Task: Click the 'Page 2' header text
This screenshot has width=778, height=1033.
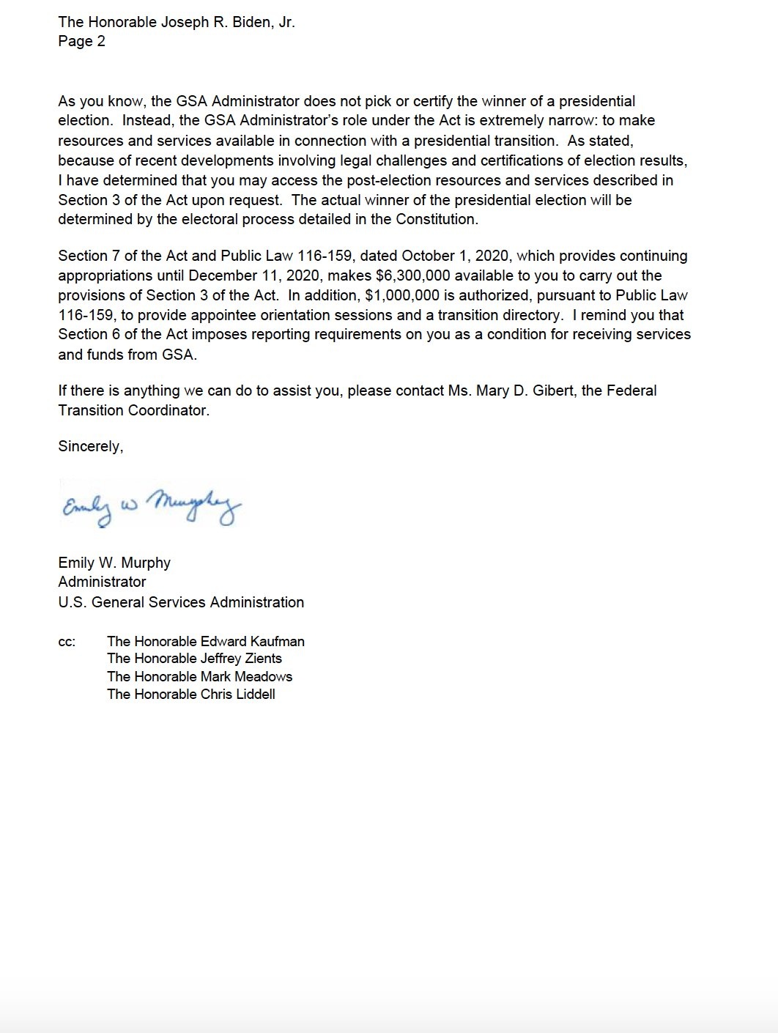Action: point(81,42)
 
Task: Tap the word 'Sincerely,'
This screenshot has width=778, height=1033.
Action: point(90,447)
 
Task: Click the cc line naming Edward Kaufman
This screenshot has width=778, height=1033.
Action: point(205,642)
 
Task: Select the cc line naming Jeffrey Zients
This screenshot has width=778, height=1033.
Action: point(194,659)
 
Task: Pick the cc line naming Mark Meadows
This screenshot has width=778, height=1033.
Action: point(199,677)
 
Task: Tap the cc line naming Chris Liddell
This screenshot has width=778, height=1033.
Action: point(190,695)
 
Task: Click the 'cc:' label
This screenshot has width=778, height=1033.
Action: point(67,642)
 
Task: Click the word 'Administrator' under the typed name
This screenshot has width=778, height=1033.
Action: point(102,582)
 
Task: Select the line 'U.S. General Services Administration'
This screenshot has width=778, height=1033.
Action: point(181,602)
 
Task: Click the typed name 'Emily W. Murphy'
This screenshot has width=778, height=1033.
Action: point(114,563)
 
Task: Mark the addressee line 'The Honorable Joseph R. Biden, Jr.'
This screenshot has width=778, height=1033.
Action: point(177,22)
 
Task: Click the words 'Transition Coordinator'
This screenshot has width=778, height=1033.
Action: point(133,410)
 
